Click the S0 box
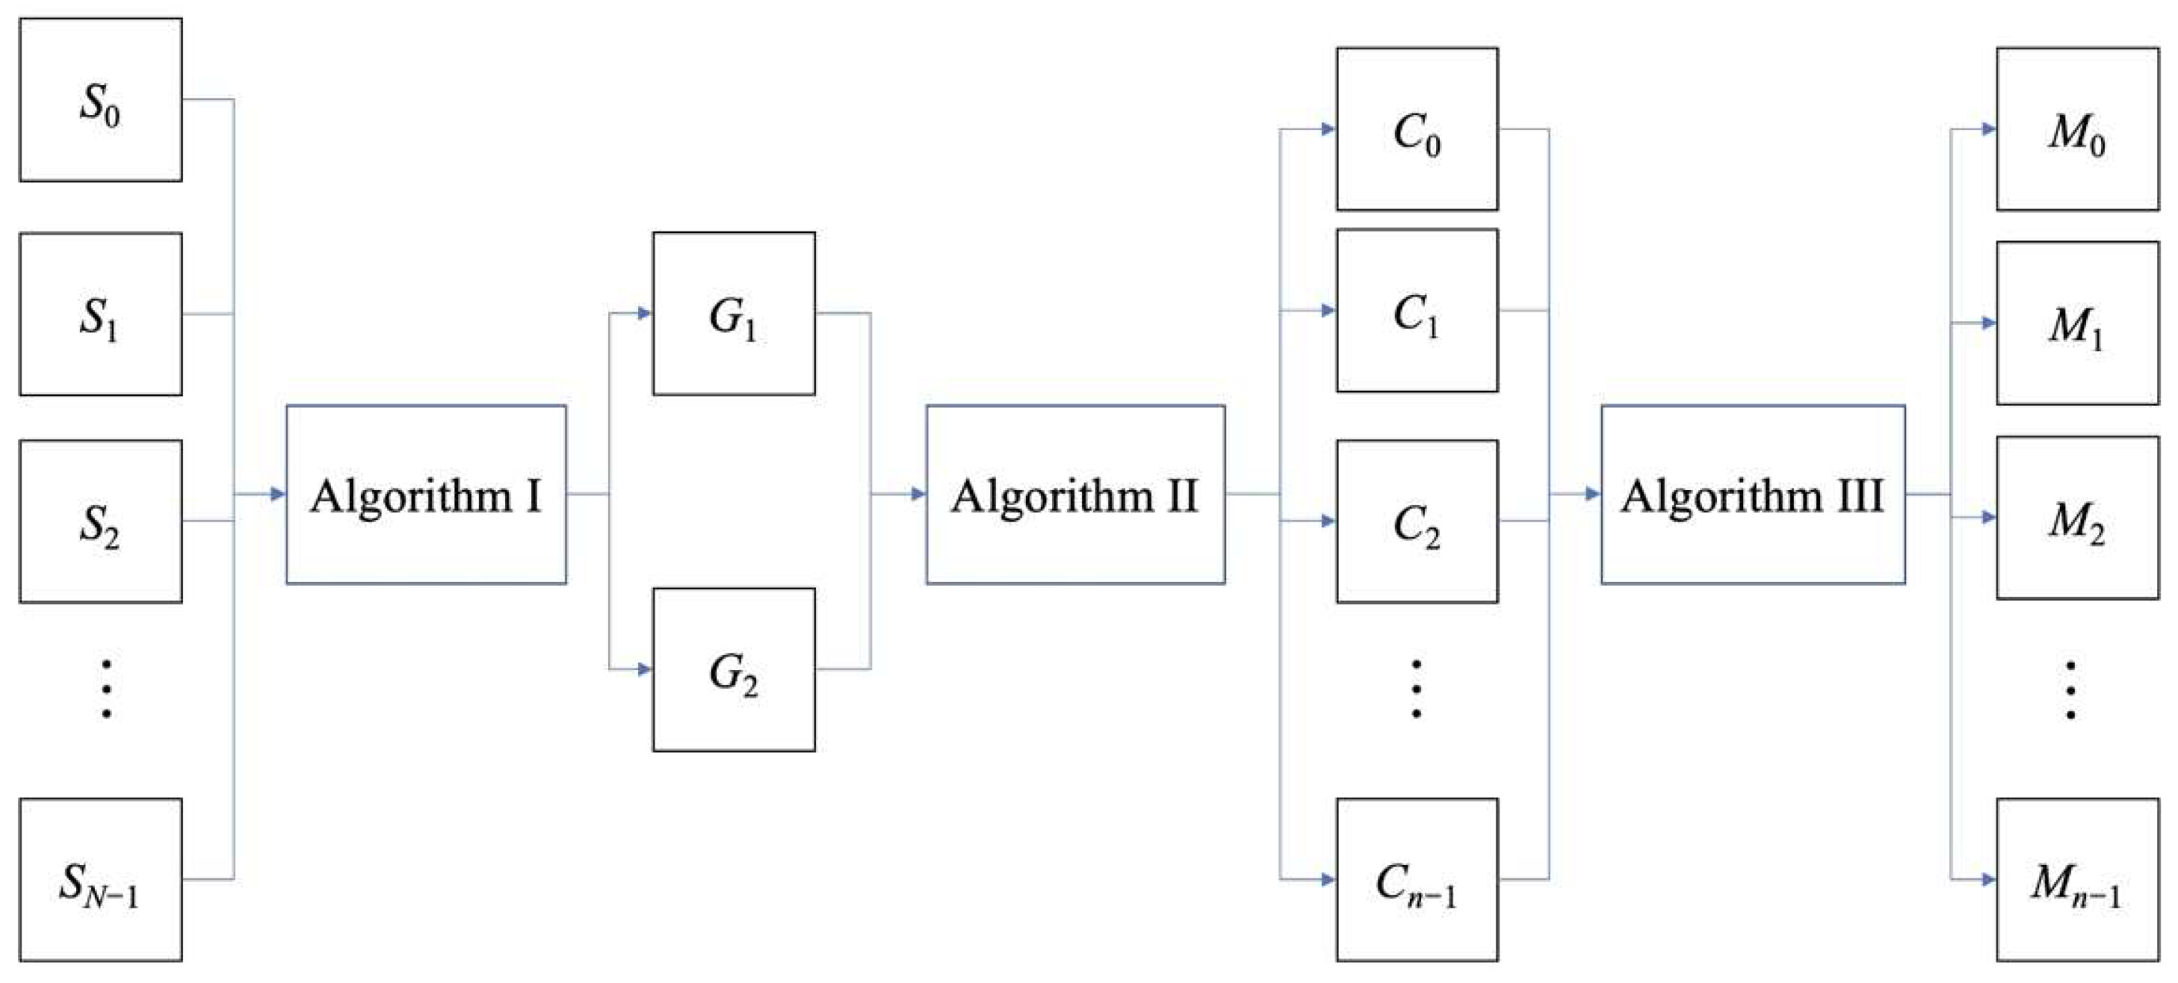coord(101,100)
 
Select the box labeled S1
coord(101,314)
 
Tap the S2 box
coord(101,521)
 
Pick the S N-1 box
coord(101,879)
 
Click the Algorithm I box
coord(426,494)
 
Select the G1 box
coord(734,314)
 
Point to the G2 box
coord(734,669)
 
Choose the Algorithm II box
coord(1075,494)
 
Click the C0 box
coord(1417,129)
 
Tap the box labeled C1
coord(1417,310)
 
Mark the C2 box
coord(1417,521)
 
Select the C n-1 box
coord(1417,879)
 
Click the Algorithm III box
coord(1753,494)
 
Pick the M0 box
coord(2077,129)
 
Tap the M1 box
coord(2077,323)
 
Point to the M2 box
coord(2077,518)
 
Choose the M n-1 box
coord(2077,879)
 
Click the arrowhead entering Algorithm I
coord(278,494)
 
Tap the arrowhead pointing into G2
coord(644,669)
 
